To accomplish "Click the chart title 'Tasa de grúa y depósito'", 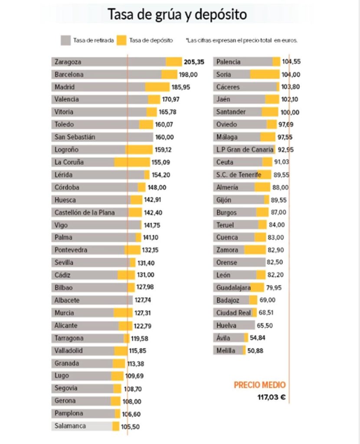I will [177, 15].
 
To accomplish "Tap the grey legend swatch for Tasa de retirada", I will [66, 40].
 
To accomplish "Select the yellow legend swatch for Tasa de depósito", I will [121, 40].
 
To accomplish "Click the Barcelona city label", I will [69, 75].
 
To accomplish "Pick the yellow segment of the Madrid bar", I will [157, 87].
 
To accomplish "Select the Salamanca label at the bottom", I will [70, 426].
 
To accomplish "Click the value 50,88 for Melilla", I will [256, 350].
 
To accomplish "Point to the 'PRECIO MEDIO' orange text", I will [259, 385].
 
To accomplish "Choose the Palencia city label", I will [228, 62].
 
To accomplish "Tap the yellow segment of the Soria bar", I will [264, 75].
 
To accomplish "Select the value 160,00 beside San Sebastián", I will [164, 137].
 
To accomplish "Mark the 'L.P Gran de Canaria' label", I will [245, 150].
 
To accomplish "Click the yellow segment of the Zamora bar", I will [255, 250].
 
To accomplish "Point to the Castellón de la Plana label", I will [85, 212].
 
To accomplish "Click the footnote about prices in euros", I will [242, 40].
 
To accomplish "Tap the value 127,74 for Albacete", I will [144, 300].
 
